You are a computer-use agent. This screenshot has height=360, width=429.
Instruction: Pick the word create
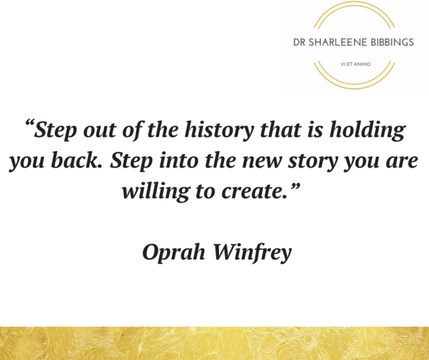tap(255, 191)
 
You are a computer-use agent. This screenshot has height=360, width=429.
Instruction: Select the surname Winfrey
tap(252, 252)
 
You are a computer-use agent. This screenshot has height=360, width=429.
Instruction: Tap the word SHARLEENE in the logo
tap(335, 42)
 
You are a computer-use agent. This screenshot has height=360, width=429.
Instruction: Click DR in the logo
tap(300, 42)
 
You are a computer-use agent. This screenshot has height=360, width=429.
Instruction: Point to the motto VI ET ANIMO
tap(353, 63)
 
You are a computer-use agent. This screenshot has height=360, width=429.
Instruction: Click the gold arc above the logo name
tap(353, 5)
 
